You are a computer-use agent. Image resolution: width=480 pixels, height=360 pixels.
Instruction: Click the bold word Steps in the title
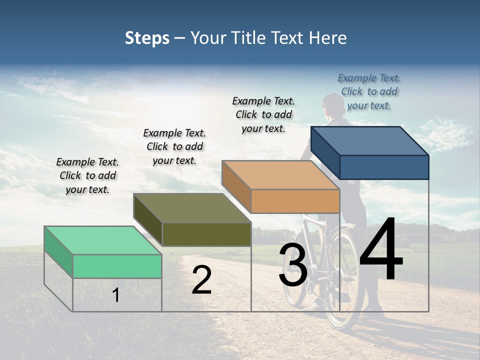147,38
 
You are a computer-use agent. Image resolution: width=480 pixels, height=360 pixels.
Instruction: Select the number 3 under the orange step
293,265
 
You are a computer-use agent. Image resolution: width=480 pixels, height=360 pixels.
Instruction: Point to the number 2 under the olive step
201,280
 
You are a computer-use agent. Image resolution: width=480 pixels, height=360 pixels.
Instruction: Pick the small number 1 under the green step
116,295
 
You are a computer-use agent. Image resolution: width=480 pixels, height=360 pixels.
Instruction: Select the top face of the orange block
280,175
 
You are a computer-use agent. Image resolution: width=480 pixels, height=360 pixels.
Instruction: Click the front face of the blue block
384,167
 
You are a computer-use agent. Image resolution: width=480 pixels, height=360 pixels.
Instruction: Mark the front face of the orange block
295,201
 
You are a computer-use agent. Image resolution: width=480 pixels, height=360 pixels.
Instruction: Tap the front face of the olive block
206,234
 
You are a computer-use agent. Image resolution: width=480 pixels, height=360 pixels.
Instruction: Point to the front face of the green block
117,266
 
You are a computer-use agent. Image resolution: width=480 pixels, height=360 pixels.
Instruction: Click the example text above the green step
87,176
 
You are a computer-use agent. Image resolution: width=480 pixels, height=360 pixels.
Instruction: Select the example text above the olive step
174,146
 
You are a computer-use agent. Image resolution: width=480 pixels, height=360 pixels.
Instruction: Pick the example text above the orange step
263,114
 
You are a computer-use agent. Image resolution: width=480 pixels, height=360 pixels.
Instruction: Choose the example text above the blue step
369,91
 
